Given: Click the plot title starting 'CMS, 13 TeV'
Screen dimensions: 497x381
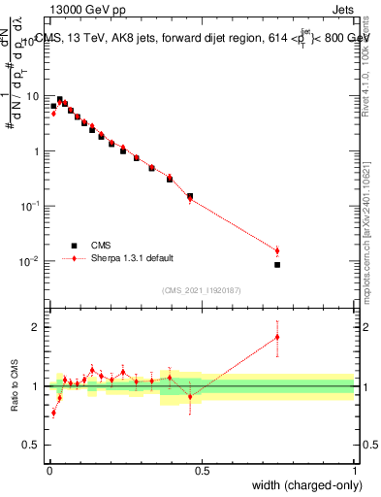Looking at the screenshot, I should click(x=203, y=39).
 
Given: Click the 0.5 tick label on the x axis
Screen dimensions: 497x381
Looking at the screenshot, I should click(x=202, y=471).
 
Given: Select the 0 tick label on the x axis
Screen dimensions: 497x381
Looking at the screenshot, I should click(x=48, y=471).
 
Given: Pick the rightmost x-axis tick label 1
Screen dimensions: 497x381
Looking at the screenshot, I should click(x=355, y=471).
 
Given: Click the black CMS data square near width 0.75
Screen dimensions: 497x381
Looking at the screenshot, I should click(x=277, y=264).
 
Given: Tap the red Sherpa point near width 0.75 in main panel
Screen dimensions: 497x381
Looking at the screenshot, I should click(x=277, y=250).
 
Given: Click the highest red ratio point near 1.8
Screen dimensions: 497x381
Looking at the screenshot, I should click(x=277, y=337).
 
